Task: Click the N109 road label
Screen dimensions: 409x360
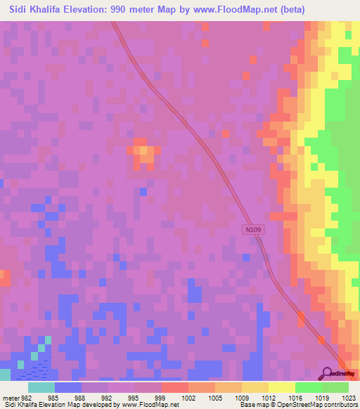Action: [x=254, y=230]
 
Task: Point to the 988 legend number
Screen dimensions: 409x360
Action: [x=80, y=398]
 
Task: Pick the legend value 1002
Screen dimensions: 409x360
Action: [x=188, y=398]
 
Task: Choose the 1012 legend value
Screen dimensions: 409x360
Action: [x=269, y=398]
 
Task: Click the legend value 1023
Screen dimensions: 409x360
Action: [x=349, y=398]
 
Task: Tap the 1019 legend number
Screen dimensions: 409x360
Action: [x=322, y=398]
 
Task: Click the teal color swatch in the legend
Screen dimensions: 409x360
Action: [x=41, y=387]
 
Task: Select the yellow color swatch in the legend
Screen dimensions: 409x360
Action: [x=281, y=387]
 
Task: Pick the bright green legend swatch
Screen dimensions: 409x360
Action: [x=308, y=387]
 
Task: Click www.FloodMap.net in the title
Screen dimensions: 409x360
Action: [x=266, y=10]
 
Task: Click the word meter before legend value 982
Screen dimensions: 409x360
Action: [x=11, y=398]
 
